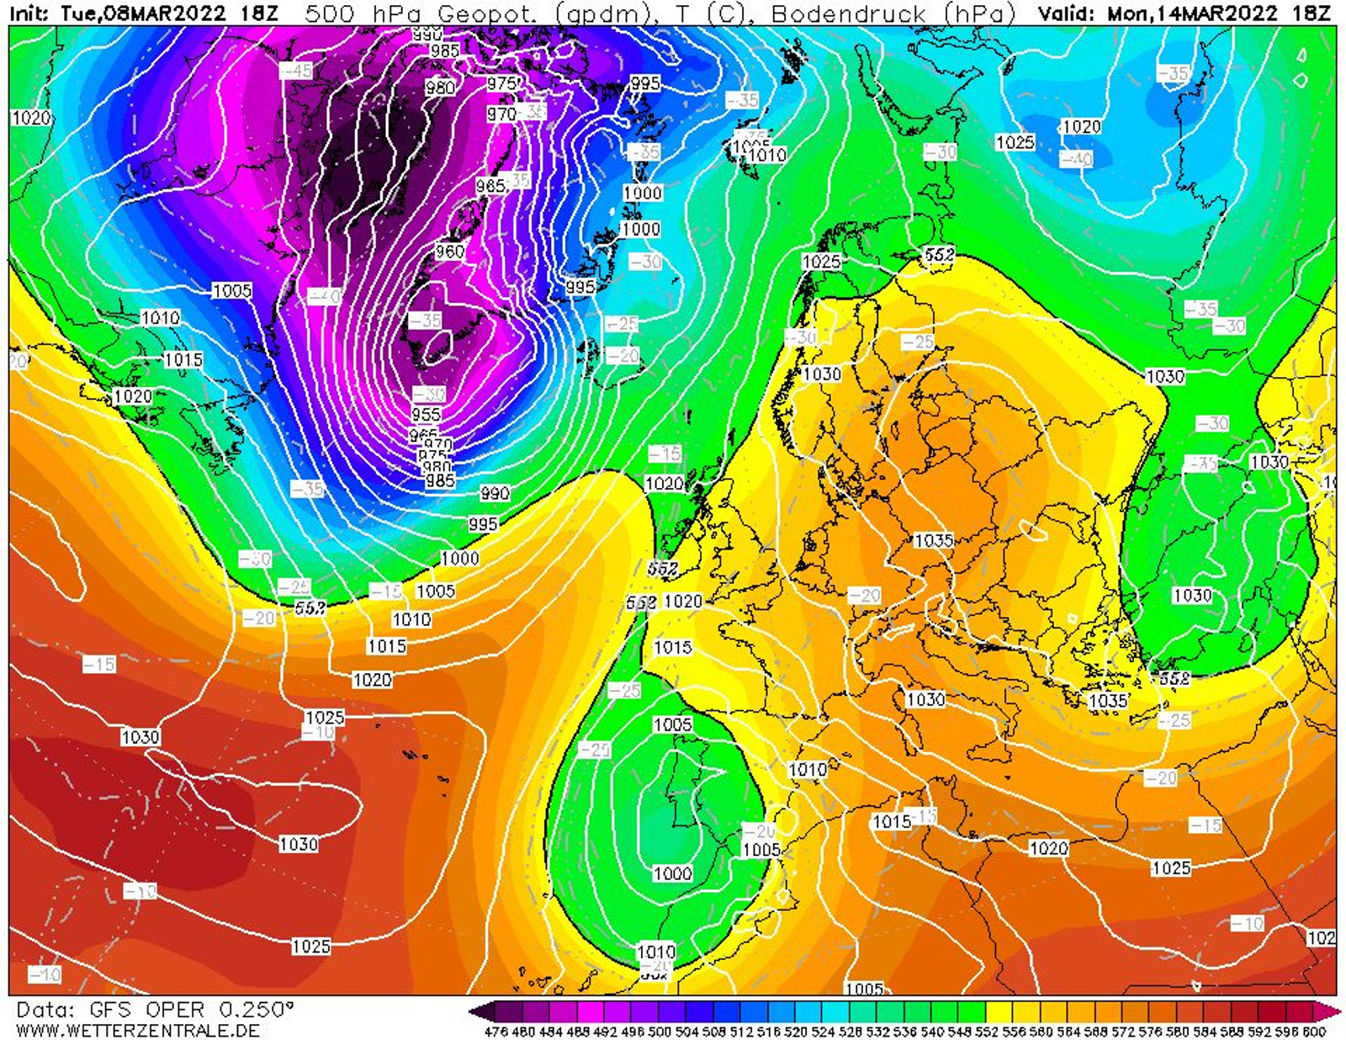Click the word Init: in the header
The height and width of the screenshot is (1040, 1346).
tap(31, 13)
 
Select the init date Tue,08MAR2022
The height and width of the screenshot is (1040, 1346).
tap(143, 13)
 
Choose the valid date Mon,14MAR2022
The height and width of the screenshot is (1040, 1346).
tap(1192, 13)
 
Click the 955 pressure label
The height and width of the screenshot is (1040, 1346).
tap(426, 414)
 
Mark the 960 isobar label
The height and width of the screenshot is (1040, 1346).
tap(449, 251)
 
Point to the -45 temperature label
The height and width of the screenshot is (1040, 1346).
tap(296, 71)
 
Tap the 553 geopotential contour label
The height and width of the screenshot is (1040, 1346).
tap(310, 607)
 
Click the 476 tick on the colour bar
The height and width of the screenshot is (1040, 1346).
tap(497, 1032)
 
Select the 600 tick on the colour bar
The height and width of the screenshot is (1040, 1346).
tap(1313, 1032)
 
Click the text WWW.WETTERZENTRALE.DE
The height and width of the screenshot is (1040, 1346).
tap(137, 1030)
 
